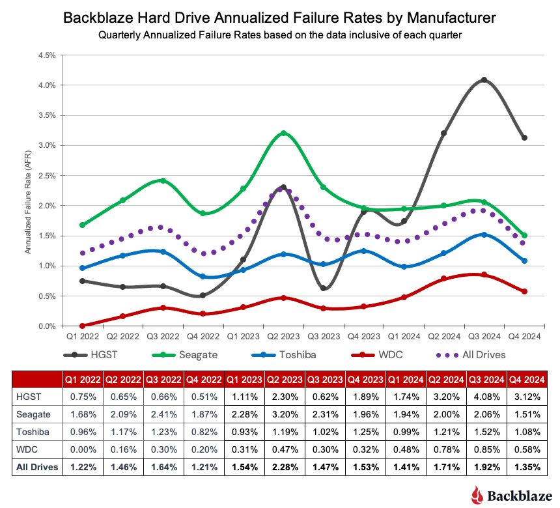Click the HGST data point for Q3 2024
(484, 80)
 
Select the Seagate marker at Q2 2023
(283, 134)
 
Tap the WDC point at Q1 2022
(82, 326)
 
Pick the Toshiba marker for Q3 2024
(484, 234)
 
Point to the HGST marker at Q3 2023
(324, 289)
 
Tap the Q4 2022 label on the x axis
(203, 337)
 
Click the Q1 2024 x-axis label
(404, 337)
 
